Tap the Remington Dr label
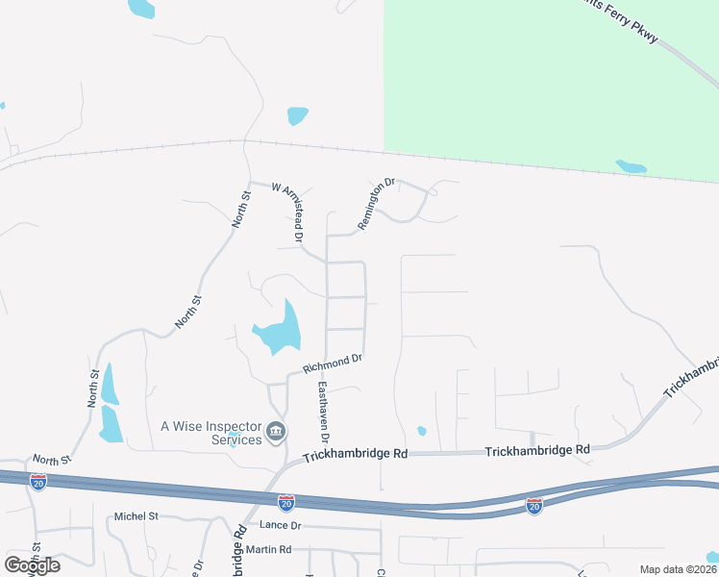click(377, 203)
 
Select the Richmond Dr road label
click(332, 364)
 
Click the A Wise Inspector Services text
click(211, 433)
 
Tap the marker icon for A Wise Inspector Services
click(276, 432)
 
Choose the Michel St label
click(136, 516)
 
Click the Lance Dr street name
click(281, 525)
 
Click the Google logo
click(32, 564)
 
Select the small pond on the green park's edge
click(631, 166)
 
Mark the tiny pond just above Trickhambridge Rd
click(421, 431)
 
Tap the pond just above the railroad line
click(297, 116)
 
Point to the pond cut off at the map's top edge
click(141, 9)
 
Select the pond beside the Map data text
click(712, 557)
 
